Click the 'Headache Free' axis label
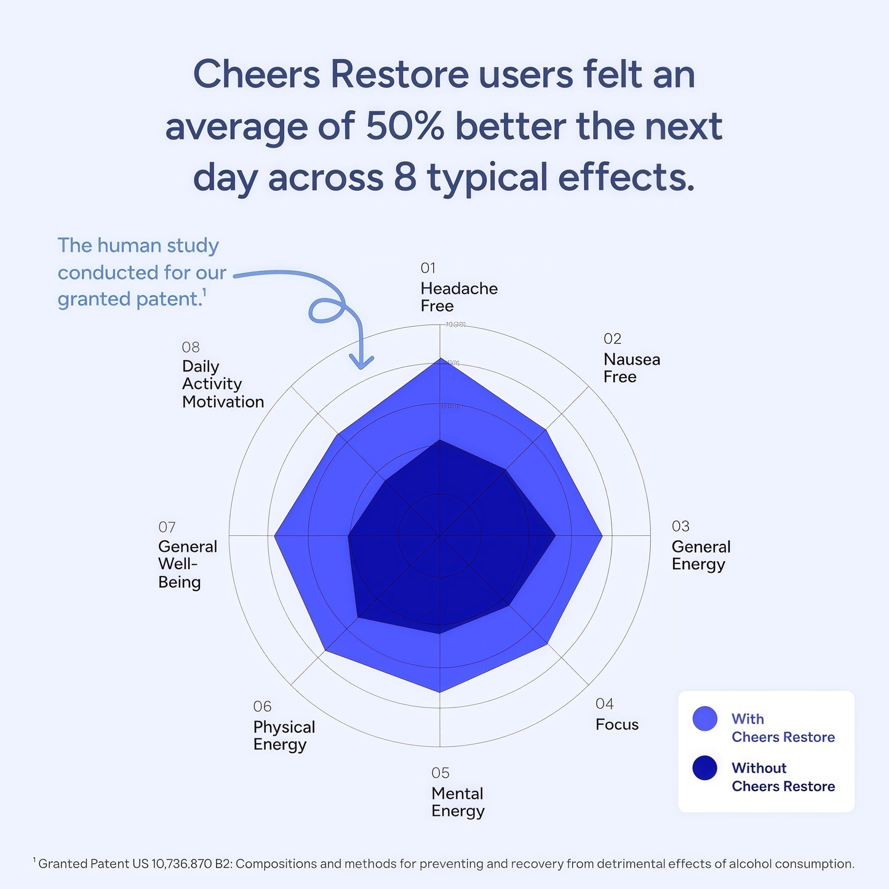click(458, 297)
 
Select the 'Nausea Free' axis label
click(631, 368)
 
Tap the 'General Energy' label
click(700, 555)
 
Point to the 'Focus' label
click(616, 724)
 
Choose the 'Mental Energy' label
click(458, 802)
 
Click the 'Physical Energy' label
click(284, 735)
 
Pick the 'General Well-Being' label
click(187, 564)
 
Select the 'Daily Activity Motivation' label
click(222, 384)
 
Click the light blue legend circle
click(704, 719)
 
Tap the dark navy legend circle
click(704, 768)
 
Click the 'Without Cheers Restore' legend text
click(783, 777)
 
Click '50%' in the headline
click(404, 126)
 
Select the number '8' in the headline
click(405, 177)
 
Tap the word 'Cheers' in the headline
click(257, 74)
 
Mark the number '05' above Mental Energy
click(440, 773)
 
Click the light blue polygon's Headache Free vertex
click(439, 358)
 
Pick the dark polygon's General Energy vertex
click(556, 535)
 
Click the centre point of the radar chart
click(439, 535)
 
